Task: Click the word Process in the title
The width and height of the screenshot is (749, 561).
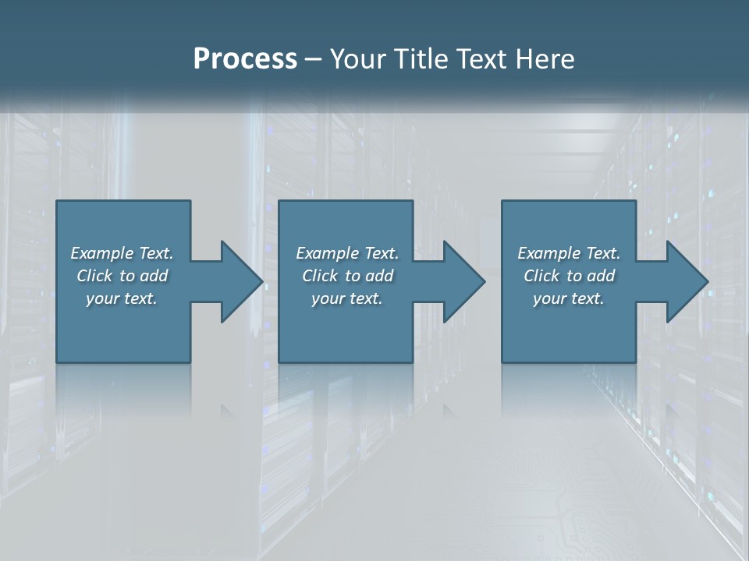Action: (x=245, y=59)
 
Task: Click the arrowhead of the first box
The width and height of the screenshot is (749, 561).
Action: (x=240, y=281)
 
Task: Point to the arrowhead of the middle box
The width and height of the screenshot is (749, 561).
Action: (x=463, y=281)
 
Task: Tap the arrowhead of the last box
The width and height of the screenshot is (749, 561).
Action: (x=686, y=281)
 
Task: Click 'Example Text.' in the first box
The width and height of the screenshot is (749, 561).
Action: (x=122, y=252)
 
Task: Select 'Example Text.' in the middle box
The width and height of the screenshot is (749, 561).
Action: (x=347, y=252)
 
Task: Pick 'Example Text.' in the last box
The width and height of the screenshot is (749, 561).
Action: (x=569, y=252)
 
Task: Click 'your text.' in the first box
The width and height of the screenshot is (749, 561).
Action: (x=122, y=298)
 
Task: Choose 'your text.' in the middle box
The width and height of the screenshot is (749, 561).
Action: (x=347, y=298)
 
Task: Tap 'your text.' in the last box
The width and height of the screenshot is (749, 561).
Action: (x=569, y=298)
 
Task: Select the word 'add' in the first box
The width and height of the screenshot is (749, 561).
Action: (x=154, y=275)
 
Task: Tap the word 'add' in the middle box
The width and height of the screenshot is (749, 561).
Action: (x=379, y=275)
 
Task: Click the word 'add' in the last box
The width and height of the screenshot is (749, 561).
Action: (x=601, y=275)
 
